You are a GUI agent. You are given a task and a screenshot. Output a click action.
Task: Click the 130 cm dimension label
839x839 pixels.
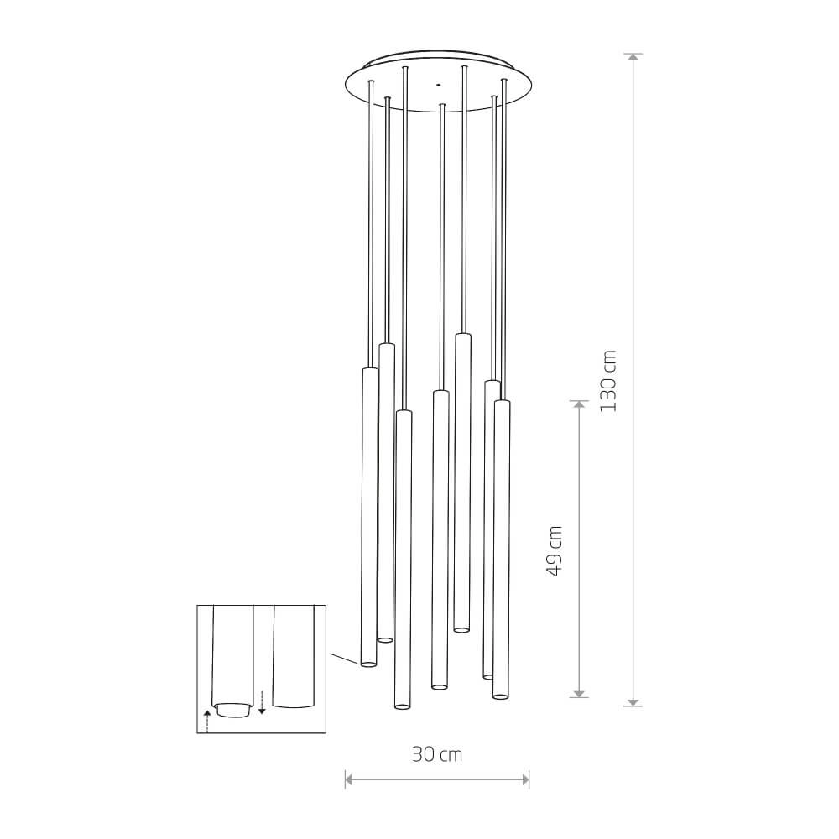609,380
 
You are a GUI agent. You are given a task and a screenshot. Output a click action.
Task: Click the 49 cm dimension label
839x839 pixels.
554,550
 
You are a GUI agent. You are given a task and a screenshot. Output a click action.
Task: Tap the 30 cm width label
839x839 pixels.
437,754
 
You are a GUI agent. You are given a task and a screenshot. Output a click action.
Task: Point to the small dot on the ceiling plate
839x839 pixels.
436,84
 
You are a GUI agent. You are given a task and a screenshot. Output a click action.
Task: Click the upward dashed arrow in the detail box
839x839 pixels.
206,719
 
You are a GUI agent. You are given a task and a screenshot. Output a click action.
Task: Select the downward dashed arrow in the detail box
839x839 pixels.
262,702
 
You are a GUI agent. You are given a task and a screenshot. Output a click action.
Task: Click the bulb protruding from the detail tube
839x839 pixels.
232,710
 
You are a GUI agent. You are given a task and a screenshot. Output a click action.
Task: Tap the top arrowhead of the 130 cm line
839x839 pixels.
634,58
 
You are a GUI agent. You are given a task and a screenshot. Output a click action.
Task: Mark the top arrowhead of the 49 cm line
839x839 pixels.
578,404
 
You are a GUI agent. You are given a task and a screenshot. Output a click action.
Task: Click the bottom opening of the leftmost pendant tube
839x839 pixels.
367,664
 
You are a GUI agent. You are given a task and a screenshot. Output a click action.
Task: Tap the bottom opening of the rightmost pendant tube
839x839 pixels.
500,696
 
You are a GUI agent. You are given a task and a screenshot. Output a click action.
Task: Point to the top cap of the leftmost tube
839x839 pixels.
369,370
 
